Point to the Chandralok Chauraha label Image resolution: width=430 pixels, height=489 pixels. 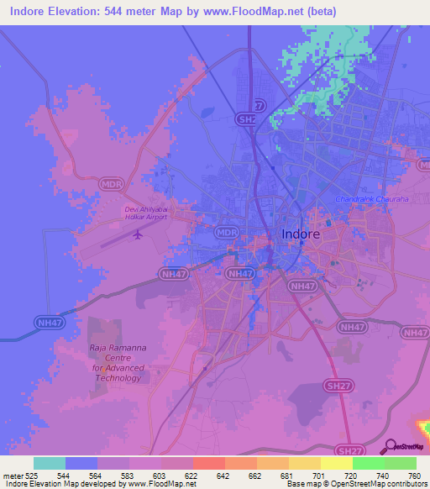click(x=371, y=199)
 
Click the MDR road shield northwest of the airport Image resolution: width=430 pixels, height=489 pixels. click(x=110, y=182)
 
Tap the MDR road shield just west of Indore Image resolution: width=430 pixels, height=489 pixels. click(x=226, y=233)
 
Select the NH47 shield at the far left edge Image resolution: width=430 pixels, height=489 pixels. click(x=50, y=322)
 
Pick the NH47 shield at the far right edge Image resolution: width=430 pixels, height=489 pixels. click(x=416, y=333)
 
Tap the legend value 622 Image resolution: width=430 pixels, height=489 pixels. click(x=192, y=475)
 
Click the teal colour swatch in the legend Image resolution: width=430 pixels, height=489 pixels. click(x=50, y=463)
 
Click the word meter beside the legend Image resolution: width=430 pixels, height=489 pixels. click(x=14, y=475)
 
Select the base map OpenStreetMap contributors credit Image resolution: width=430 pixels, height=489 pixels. click(x=355, y=484)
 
